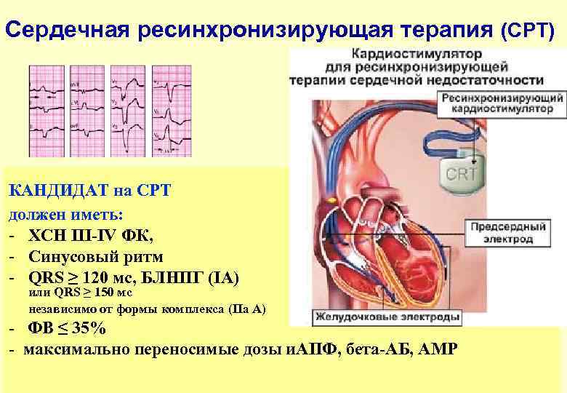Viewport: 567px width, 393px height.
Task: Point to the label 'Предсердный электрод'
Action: tap(507, 233)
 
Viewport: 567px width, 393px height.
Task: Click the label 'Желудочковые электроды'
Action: tap(388, 318)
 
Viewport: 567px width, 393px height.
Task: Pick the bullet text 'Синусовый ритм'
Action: tap(95, 257)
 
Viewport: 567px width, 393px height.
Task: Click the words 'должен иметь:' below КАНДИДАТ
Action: tap(66, 215)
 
